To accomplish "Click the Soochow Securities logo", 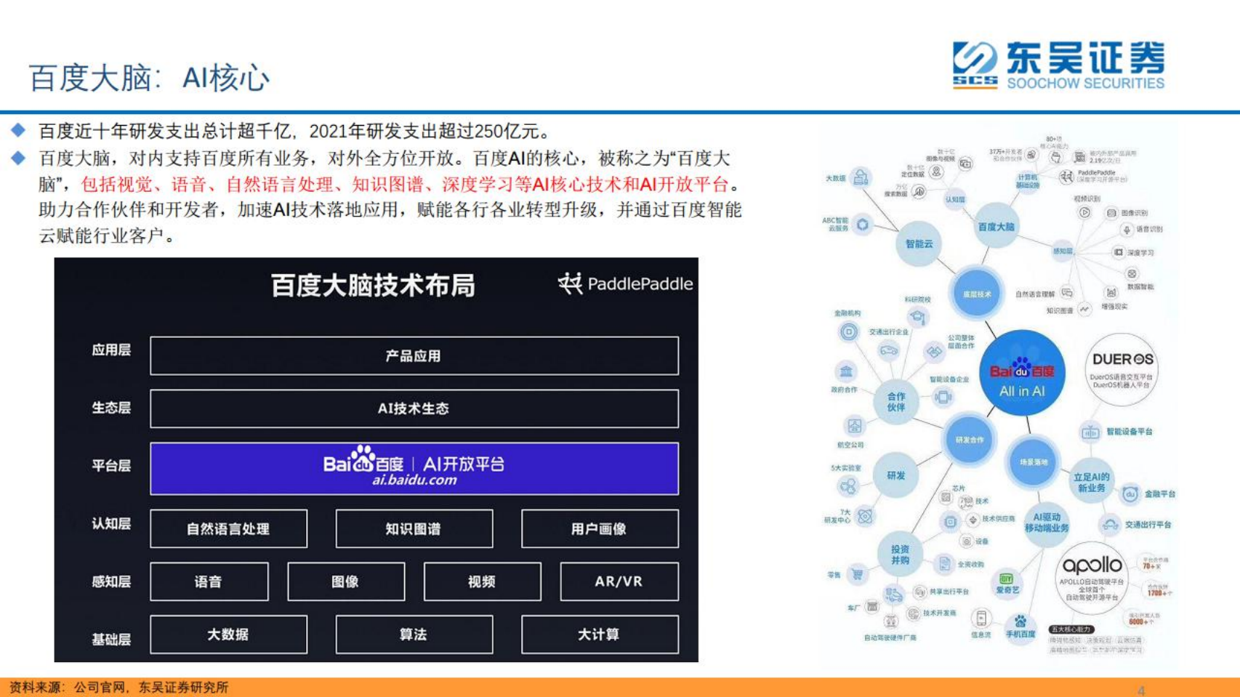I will [1058, 65].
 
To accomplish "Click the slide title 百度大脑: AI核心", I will [149, 78].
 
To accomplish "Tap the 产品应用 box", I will [414, 355].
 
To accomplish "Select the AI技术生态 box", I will [414, 408].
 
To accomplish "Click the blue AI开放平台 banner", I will [414, 469].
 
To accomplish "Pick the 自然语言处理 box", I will [228, 528].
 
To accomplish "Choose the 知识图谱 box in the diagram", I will [414, 528].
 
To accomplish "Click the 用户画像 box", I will [599, 528].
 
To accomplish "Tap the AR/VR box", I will [619, 581].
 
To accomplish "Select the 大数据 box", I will [228, 634].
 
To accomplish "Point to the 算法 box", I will [414, 634].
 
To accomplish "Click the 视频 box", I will [482, 581].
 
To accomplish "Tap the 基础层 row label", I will [111, 640].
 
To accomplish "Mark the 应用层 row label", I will [111, 350].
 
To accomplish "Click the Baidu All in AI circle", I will [1021, 373].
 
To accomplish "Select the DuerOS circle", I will [1122, 369].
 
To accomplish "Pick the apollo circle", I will [1091, 578].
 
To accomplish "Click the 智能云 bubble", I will [919, 244].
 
